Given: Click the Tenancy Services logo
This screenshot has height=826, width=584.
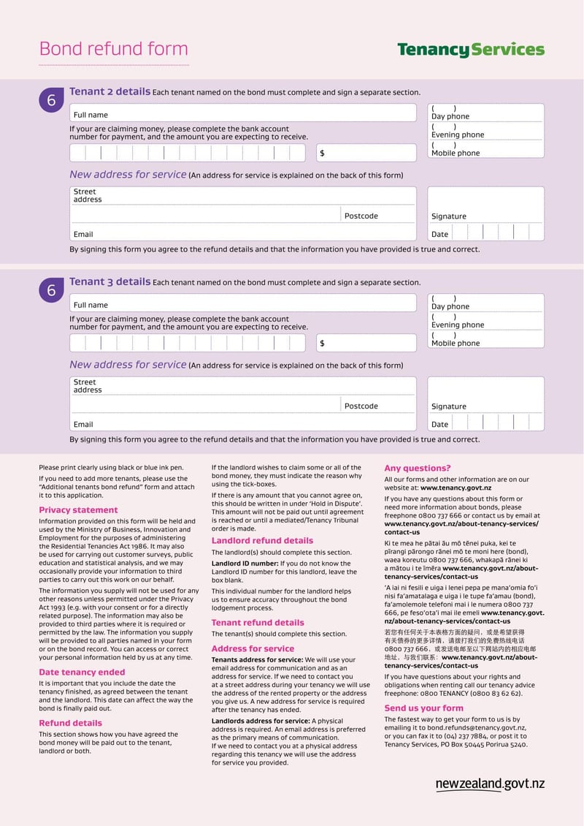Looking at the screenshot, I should (471, 50).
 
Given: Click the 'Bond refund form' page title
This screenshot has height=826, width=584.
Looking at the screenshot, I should (113, 49).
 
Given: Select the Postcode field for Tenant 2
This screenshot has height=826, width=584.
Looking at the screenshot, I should (378, 215).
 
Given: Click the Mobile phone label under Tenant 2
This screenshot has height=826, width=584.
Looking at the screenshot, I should (456, 153).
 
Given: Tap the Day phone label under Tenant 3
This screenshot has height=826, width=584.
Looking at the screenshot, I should (450, 306).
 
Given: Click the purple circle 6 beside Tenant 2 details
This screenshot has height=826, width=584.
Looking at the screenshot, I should (51, 101).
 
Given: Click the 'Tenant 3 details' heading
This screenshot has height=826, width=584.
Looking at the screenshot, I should (109, 281).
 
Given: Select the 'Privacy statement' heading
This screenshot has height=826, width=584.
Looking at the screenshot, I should (78, 510).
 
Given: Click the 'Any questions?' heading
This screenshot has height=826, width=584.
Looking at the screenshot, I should (418, 468).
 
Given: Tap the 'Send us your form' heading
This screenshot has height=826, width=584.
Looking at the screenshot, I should (423, 708).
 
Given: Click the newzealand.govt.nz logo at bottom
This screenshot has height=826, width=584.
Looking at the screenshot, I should (490, 784).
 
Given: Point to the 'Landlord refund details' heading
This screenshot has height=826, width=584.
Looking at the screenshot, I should (262, 541).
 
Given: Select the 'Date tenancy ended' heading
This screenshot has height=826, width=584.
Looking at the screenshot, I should (82, 672).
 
